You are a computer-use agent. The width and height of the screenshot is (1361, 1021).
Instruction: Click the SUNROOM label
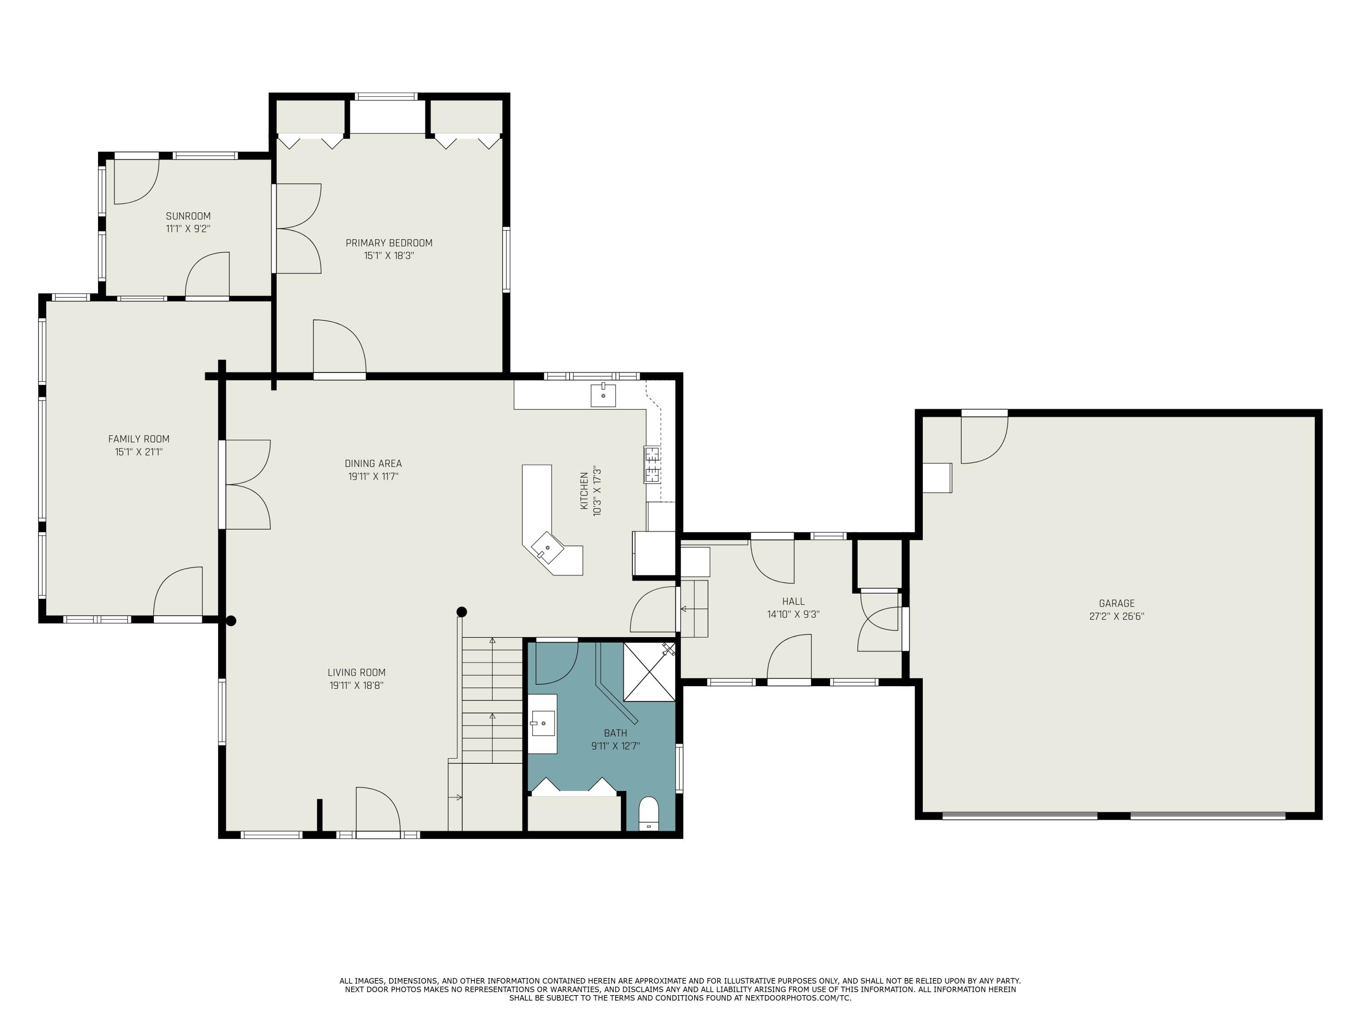click(x=188, y=216)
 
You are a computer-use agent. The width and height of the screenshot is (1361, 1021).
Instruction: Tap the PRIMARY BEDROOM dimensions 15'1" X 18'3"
click(x=389, y=255)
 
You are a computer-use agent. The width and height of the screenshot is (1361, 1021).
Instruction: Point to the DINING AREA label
click(x=373, y=463)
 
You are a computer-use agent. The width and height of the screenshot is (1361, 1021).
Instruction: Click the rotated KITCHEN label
click(x=584, y=491)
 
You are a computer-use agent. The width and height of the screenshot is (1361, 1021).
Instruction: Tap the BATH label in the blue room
click(x=615, y=733)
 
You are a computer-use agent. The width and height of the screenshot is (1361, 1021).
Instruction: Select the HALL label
click(x=793, y=601)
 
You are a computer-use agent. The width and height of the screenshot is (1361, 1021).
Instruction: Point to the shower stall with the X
click(x=649, y=672)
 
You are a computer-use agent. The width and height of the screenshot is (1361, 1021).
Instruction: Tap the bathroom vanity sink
click(x=543, y=723)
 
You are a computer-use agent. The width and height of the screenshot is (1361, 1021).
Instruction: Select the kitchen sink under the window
click(x=603, y=395)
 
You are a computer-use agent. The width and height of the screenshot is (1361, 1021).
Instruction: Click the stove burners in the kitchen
click(x=652, y=465)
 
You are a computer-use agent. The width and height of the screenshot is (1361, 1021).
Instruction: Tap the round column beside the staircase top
click(x=461, y=612)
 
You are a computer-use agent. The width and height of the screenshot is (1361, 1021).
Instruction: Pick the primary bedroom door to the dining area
click(x=340, y=348)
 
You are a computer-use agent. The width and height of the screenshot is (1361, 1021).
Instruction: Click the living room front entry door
click(x=378, y=811)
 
